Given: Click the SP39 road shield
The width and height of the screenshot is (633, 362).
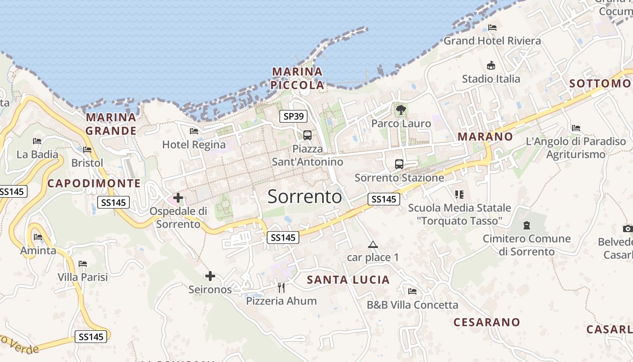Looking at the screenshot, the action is (293, 116).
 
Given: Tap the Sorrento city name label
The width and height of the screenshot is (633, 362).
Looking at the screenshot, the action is (305, 197).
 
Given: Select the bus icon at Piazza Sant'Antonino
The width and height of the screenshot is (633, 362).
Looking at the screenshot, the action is (307, 135).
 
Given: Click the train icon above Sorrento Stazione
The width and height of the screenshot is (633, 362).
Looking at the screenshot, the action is (399, 164).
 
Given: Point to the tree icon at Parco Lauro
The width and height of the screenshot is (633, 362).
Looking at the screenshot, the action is (401, 109).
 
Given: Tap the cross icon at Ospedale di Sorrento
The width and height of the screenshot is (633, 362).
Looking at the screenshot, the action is (178, 198).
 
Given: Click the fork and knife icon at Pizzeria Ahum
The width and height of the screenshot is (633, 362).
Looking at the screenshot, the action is (281, 287).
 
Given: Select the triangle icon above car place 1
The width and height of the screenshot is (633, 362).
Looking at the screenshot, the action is (373, 245).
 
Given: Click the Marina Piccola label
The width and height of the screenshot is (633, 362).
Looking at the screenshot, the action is (298, 78).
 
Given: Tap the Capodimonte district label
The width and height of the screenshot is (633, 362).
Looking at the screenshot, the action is (94, 183).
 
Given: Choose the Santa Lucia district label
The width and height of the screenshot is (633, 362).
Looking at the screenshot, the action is (348, 280).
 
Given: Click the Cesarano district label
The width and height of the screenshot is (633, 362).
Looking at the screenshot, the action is (487, 322).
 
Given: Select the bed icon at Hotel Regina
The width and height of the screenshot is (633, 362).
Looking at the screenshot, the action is (194, 131).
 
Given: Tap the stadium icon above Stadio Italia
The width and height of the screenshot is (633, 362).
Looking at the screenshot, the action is (491, 66).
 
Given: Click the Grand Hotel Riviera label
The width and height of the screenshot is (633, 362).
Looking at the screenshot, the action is (492, 41).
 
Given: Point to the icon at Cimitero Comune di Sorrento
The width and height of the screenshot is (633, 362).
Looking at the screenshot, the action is (526, 225).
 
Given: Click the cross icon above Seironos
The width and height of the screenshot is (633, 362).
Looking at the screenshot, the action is (210, 276).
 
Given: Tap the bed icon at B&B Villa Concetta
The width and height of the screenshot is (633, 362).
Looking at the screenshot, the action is (412, 291).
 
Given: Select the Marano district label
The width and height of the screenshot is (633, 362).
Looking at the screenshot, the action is (485, 136).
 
